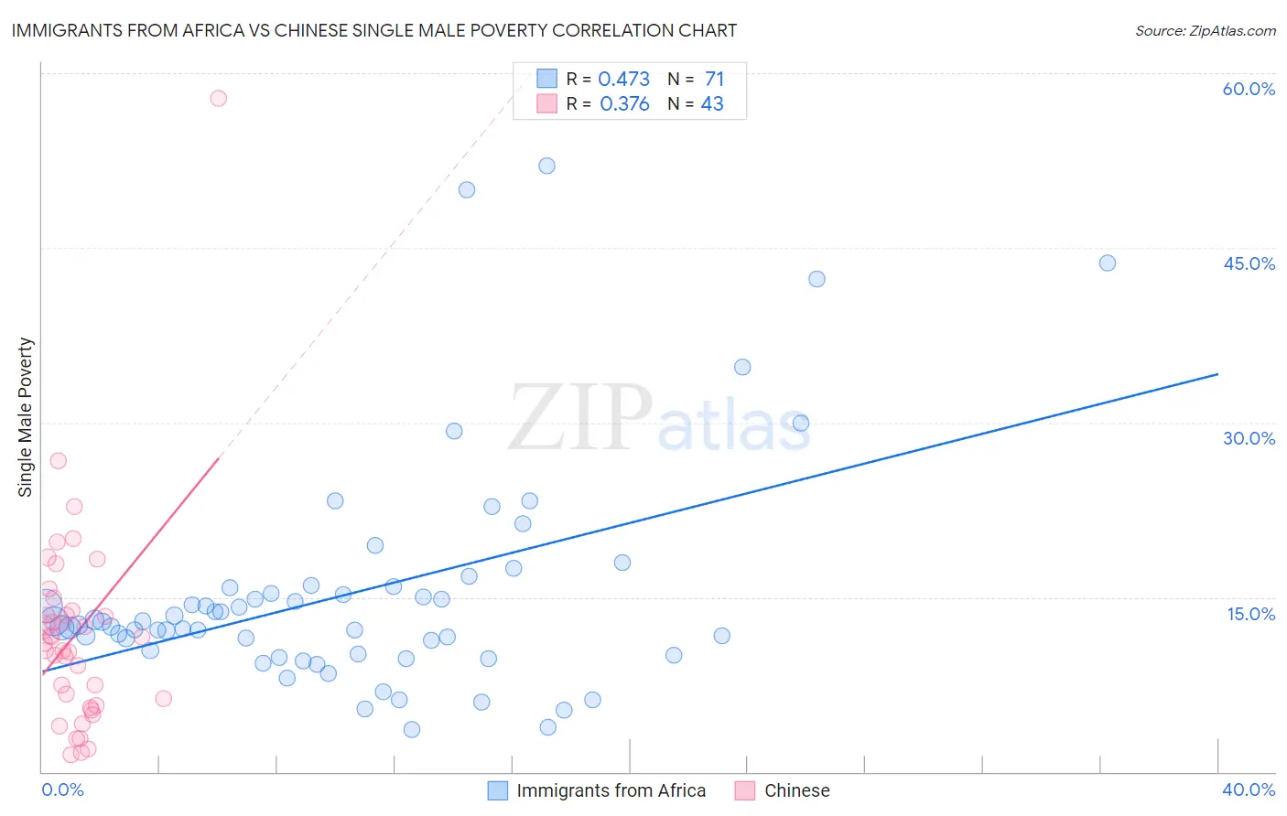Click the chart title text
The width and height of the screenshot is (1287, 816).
point(373,30)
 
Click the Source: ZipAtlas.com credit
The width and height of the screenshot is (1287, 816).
point(1205,30)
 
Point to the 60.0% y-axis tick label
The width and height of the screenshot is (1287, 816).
point(1249,89)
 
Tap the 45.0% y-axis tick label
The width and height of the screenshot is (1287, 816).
point(1249,263)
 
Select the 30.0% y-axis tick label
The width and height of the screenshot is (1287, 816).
point(1249,438)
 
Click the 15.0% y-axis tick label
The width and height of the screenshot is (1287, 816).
point(1250,614)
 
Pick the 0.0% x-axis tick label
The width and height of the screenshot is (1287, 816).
point(62,789)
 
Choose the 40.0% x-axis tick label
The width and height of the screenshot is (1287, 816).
point(1249,789)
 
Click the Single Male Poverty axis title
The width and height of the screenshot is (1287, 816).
point(26,417)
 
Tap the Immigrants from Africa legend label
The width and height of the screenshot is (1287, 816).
point(611,790)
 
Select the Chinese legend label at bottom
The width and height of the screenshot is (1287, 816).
point(796,790)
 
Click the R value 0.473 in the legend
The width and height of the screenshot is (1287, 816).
point(623,80)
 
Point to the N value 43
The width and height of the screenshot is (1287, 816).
point(712,104)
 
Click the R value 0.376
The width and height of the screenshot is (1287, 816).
point(624,104)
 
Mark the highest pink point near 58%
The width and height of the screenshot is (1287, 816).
point(218,98)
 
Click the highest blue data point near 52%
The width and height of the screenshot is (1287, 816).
point(546,166)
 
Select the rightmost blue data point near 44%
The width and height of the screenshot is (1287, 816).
point(1107,263)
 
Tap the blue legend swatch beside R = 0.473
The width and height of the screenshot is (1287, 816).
point(546,79)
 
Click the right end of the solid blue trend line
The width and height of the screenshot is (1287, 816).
point(1217,374)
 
